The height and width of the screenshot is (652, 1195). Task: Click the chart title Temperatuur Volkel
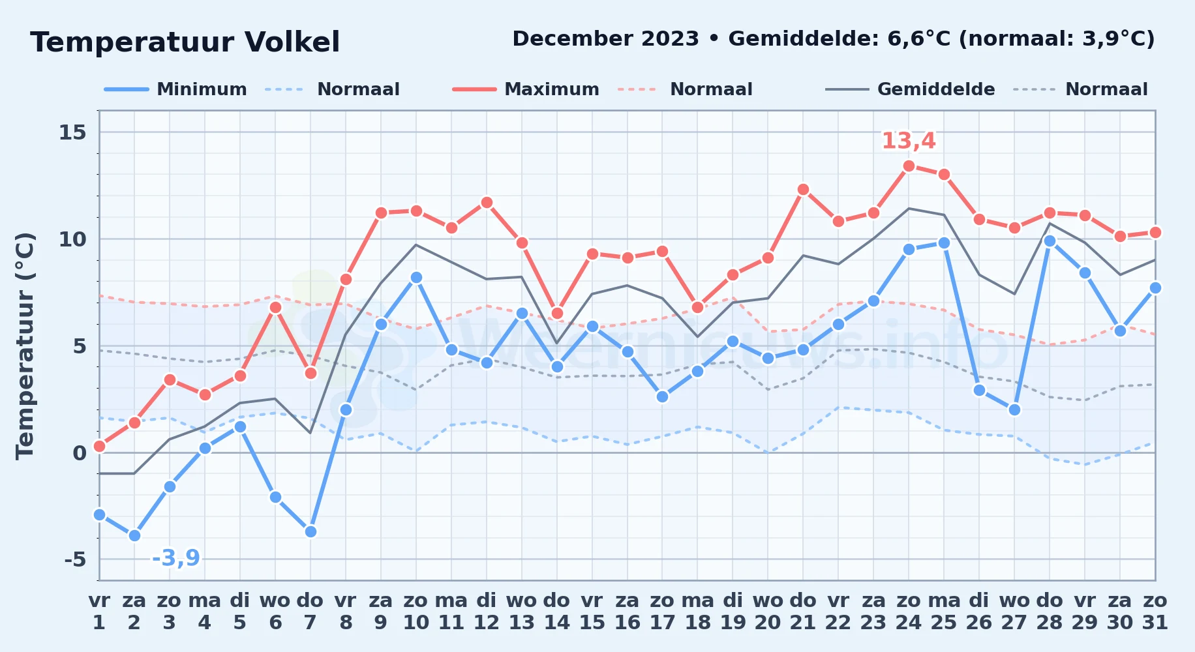click(185, 42)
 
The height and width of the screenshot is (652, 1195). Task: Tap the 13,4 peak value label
click(909, 141)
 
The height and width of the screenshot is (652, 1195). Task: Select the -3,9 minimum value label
click(175, 558)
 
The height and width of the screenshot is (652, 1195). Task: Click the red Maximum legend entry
click(526, 89)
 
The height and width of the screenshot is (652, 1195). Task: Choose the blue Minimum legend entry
click(175, 89)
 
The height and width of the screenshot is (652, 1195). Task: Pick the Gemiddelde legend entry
click(910, 89)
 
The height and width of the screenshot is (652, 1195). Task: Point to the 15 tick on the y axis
click(72, 132)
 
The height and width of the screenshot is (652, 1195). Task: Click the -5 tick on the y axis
click(75, 559)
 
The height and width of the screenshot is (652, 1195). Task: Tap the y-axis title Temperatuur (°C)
click(25, 346)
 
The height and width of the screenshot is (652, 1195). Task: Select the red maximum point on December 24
click(909, 166)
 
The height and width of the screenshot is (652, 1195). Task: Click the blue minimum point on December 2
click(134, 535)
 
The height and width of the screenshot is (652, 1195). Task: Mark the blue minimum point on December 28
click(1050, 241)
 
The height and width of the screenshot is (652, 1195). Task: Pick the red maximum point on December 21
click(803, 189)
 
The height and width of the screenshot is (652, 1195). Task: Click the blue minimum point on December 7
click(310, 531)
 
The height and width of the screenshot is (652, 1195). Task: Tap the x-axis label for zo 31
click(1155, 612)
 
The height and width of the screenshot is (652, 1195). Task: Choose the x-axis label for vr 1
click(99, 612)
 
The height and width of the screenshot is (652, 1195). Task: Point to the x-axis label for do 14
click(556, 612)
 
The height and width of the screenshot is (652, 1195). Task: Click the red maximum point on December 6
click(275, 307)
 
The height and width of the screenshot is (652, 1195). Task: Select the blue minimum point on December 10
click(416, 277)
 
